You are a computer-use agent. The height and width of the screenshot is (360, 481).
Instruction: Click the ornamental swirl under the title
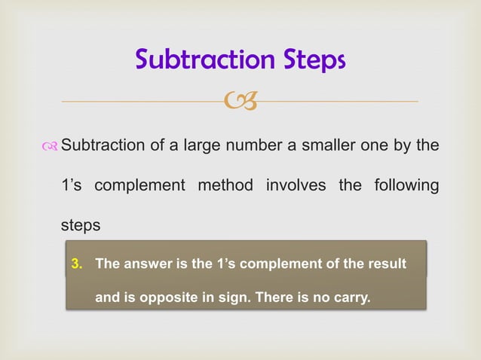[240, 100]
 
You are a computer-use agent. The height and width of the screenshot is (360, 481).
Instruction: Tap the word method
[225, 185]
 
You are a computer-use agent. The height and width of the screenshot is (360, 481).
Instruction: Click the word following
[406, 185]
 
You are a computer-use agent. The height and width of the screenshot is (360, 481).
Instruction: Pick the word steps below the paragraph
[80, 225]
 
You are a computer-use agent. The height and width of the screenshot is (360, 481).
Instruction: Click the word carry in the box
[351, 297]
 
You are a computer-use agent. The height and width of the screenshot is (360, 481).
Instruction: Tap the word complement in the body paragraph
[136, 185]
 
